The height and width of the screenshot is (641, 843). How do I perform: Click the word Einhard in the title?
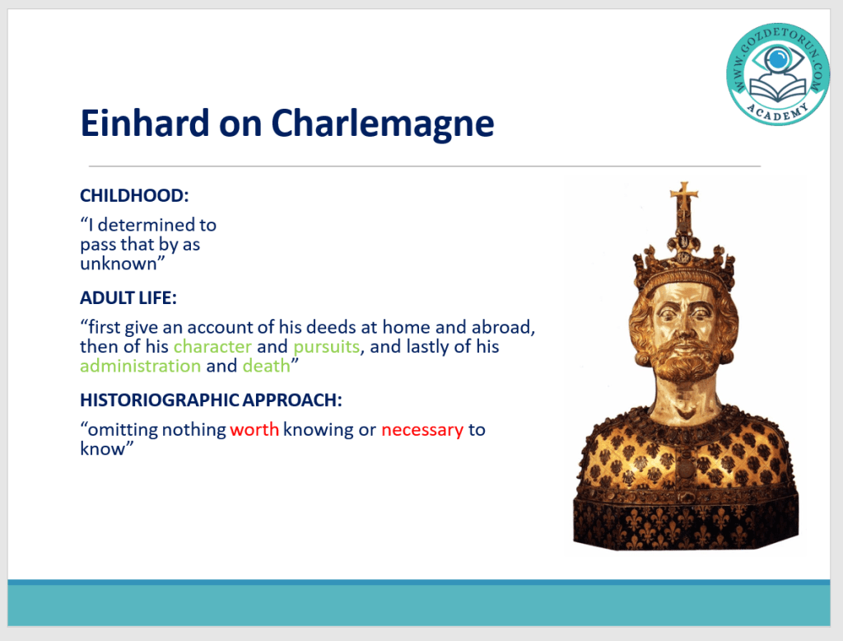click(x=144, y=123)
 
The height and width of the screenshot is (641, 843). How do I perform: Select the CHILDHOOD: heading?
click(x=134, y=195)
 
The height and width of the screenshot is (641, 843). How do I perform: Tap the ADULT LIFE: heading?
click(x=128, y=297)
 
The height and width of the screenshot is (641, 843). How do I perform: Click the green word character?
click(x=212, y=346)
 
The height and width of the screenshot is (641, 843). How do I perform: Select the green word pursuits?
click(x=326, y=347)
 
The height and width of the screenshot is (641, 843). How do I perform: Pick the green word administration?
click(x=140, y=366)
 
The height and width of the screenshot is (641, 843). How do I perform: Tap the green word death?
click(x=266, y=366)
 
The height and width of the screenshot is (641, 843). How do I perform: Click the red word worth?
click(x=254, y=429)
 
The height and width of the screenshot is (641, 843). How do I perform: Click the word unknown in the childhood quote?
click(x=119, y=264)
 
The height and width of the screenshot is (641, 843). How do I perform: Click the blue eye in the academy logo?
click(x=777, y=58)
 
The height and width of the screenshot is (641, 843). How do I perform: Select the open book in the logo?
click(x=778, y=90)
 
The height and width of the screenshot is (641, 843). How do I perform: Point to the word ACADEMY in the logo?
click(x=778, y=112)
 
